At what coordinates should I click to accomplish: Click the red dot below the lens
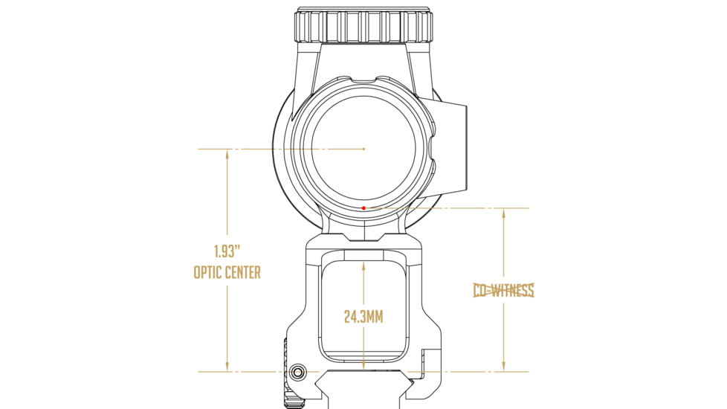point(363,208)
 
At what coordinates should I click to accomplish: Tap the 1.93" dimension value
point(227,252)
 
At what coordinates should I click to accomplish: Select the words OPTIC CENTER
point(227,272)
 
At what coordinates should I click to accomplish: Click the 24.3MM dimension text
point(363,318)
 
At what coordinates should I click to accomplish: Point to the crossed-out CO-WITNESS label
point(503,290)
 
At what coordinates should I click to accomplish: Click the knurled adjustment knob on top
point(364,25)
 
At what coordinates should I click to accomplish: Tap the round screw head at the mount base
point(297,372)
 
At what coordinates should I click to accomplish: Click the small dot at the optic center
point(364,149)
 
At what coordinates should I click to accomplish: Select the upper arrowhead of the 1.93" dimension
point(227,155)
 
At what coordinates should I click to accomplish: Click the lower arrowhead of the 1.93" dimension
point(227,366)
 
